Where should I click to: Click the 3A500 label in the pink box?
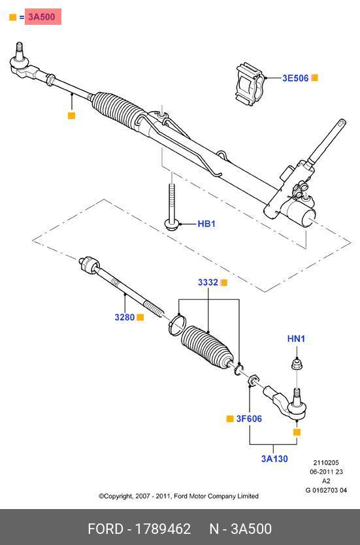pos(42,17)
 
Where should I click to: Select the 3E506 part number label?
pos(295,78)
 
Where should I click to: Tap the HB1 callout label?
pos(206,224)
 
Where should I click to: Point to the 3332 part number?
pos(208,282)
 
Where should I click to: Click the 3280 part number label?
pos(124,317)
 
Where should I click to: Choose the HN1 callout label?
pos(296,339)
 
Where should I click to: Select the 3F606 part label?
pos(249,419)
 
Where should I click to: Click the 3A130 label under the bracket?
pos(274,459)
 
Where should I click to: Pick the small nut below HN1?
pos(296,365)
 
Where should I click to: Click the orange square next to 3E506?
pos(314,78)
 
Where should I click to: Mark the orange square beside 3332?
pos(224,282)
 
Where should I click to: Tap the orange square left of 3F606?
pos(230,419)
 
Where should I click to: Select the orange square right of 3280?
pos(140,317)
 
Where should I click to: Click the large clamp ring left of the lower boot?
pos(178,323)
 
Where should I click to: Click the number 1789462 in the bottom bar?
pos(163,529)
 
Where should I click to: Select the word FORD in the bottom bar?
pos(105,529)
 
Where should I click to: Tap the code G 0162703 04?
pos(326,490)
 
